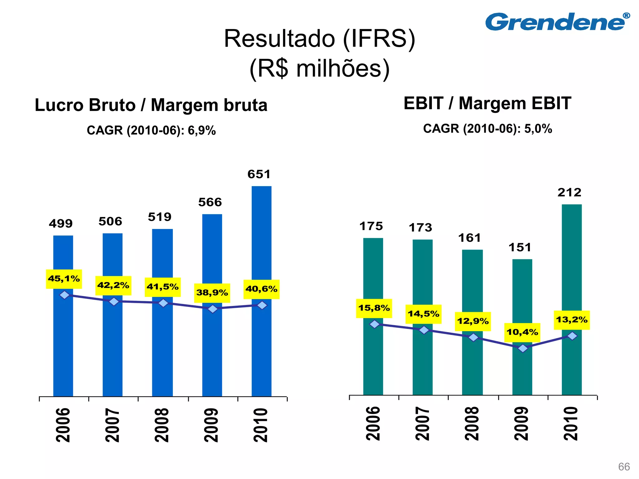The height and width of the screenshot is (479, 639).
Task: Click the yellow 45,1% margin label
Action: click(64, 279)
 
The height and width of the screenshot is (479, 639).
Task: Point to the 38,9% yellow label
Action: click(212, 293)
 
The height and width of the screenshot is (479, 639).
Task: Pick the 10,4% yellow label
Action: click(522, 332)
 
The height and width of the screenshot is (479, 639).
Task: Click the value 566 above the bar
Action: click(210, 202)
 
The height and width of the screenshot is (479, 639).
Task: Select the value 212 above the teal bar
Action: click(569, 193)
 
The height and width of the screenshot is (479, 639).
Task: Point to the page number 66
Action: click(624, 467)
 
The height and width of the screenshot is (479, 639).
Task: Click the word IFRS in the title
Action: click(379, 39)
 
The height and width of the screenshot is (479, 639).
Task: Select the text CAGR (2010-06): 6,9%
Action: click(151, 130)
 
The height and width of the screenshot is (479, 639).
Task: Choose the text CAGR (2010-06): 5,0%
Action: click(487, 129)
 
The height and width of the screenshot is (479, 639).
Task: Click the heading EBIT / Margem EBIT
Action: click(487, 104)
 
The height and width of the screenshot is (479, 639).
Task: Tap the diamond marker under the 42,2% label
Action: click(114, 302)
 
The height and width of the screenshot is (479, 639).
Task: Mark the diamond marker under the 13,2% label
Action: click(572, 336)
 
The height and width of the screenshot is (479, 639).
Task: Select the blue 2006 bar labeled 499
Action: click(63, 343)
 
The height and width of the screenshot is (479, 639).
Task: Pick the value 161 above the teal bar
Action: click(470, 238)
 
